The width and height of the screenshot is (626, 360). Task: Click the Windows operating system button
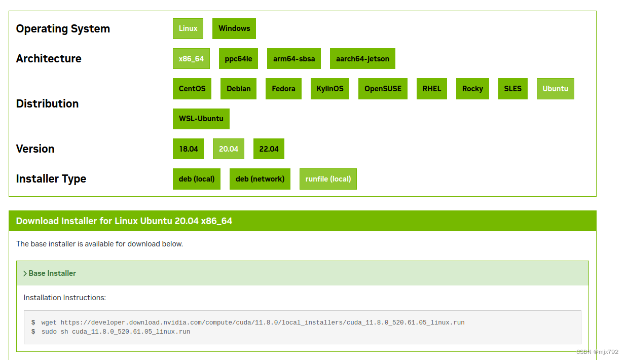(234, 29)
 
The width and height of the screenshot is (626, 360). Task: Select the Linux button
(188, 29)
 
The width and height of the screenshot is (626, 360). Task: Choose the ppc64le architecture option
(238, 59)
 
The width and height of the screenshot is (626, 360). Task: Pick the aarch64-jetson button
(362, 59)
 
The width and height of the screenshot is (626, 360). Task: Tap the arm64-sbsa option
(294, 59)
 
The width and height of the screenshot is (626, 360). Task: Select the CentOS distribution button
(192, 89)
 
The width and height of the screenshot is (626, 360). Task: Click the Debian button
(238, 89)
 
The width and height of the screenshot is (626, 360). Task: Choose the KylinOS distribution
(330, 89)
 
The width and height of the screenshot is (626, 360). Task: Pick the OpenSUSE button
(383, 89)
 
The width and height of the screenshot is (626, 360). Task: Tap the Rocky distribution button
(472, 89)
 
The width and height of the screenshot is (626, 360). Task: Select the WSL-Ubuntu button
(201, 119)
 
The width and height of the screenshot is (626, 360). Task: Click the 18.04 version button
(188, 149)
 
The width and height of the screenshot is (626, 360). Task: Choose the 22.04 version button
(269, 149)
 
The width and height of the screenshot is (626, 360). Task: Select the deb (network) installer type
(260, 179)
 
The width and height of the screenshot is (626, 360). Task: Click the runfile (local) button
(328, 179)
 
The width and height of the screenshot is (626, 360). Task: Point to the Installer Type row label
(51, 178)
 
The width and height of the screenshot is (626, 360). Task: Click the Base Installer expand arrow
(25, 273)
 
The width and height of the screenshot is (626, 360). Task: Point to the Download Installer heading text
(124, 221)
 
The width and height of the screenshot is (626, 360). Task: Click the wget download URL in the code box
(263, 322)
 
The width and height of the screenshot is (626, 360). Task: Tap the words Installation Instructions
(65, 298)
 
